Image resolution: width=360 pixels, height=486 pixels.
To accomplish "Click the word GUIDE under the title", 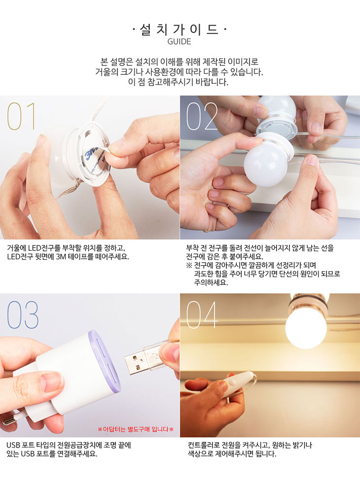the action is coord(179,41).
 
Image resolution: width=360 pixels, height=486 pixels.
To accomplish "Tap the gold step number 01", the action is coord(21,116).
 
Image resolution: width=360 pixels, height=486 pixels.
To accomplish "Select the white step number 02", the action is coord(202,116).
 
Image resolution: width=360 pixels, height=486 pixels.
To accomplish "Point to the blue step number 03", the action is coord(23,314).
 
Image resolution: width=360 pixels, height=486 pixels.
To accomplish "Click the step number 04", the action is coord(202,314).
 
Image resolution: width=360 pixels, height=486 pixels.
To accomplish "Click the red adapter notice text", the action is coord(136,429).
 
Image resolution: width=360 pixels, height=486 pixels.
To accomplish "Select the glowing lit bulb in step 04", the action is coord(306,326).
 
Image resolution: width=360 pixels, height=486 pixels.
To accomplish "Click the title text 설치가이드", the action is coord(179,30).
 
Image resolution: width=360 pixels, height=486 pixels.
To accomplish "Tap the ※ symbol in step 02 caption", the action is coord(189,265).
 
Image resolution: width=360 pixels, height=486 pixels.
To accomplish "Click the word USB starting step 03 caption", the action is coord(13,445).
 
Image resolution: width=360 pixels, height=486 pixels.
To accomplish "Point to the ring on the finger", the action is coord(227,206).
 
